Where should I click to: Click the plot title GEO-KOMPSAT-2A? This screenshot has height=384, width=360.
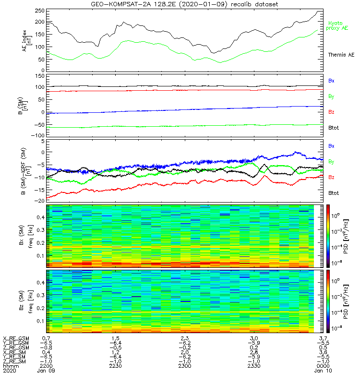click(185, 4)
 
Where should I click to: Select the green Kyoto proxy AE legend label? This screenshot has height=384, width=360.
click(338, 25)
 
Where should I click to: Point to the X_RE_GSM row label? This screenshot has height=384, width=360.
click(15, 339)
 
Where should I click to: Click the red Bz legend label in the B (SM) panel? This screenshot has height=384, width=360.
click(331, 112)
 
